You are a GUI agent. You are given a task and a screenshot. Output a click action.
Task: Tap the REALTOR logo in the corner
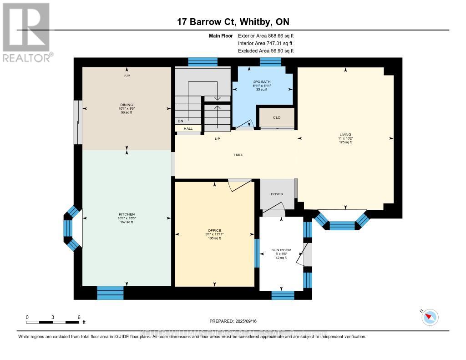26,32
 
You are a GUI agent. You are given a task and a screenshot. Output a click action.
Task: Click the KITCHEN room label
127,214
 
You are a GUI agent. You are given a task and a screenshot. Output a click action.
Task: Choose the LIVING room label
345,135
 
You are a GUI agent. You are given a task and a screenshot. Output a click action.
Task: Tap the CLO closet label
277,117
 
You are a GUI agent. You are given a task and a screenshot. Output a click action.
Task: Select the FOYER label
277,194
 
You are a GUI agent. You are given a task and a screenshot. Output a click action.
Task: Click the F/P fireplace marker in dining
127,76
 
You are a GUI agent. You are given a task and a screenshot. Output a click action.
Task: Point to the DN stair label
181,121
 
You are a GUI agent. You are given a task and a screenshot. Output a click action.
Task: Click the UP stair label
218,139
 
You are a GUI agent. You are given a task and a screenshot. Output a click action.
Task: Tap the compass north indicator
429,317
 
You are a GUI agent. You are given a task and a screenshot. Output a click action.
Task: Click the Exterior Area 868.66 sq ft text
268,35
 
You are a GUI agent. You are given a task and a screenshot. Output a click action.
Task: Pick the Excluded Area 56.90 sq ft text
266,51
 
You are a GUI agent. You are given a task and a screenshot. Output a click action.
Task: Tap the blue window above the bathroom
270,62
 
